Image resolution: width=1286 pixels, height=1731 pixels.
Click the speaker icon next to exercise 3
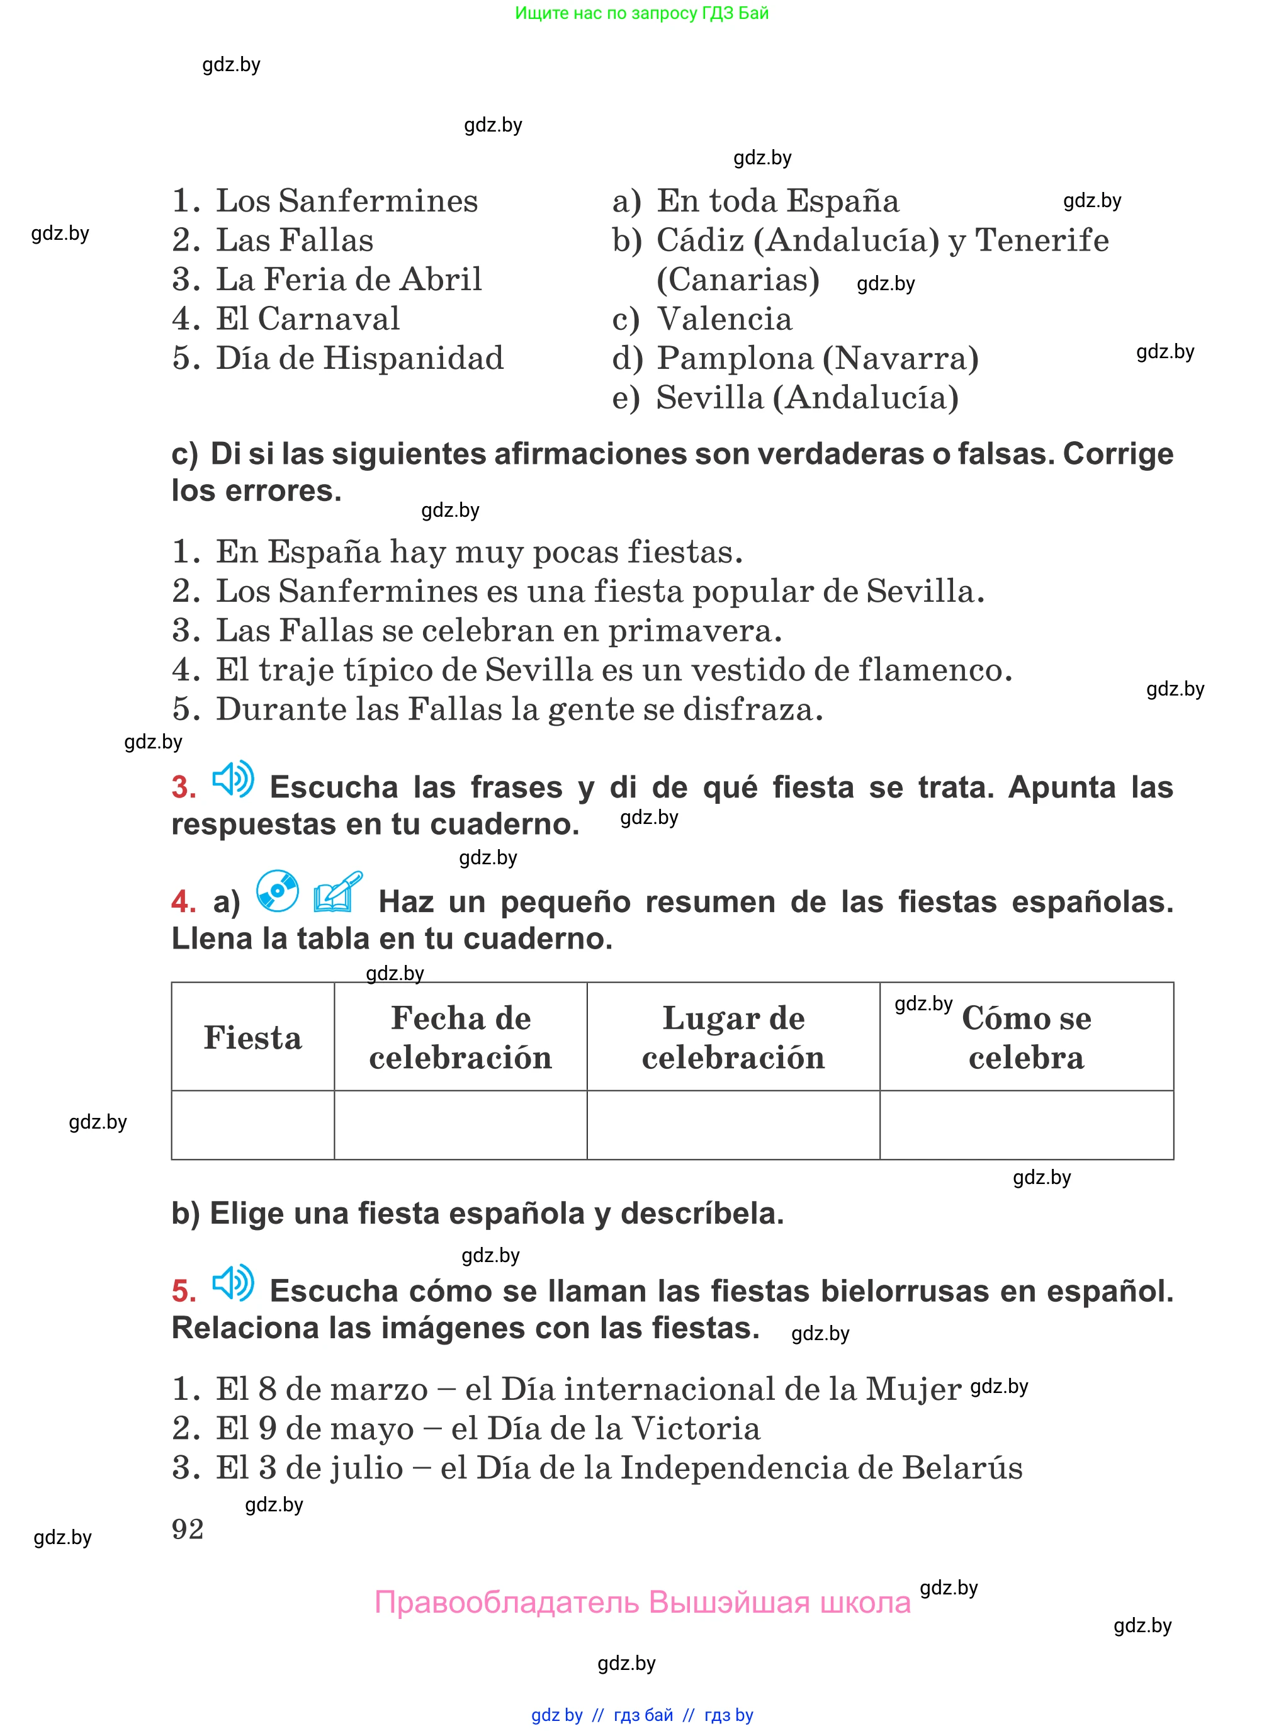233,779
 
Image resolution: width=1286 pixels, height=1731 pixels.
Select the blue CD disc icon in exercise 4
277,891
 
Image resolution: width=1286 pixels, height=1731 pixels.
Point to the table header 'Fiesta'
252,1037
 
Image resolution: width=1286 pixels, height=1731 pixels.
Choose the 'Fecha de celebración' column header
460,1037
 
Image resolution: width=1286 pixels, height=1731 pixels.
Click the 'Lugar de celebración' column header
733,1037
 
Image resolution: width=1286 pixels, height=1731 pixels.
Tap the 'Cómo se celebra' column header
1026,1037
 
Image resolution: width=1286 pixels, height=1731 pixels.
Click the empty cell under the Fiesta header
252,1125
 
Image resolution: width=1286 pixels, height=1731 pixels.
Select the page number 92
188,1530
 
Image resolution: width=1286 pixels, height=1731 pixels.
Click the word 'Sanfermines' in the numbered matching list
378,201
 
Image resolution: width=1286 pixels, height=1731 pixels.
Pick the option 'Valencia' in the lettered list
724,319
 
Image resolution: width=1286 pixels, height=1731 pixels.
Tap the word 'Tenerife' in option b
1042,240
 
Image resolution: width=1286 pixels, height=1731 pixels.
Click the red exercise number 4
183,902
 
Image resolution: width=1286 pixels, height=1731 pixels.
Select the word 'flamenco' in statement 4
934,670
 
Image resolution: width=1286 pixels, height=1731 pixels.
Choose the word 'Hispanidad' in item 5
414,359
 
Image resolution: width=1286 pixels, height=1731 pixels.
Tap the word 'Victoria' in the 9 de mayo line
695,1428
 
